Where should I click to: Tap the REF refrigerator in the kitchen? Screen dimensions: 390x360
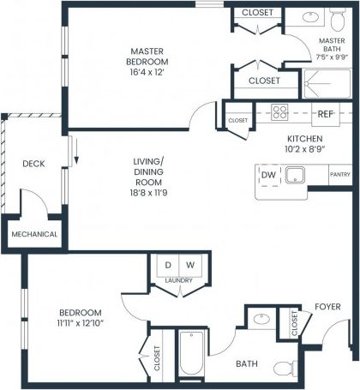[325, 113]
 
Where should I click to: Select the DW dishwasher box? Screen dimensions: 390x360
[269, 175]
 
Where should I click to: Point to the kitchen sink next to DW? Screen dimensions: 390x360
[297, 176]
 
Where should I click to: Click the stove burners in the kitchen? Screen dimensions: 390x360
[279, 113]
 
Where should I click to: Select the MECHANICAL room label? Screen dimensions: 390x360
[34, 234]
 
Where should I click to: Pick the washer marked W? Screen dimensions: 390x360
[190, 265]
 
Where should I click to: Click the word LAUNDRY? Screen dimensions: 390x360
[179, 279]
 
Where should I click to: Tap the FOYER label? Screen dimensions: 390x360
[327, 306]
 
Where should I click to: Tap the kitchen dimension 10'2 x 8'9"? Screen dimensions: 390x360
[304, 147]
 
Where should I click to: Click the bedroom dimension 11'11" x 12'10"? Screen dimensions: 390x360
[81, 322]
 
